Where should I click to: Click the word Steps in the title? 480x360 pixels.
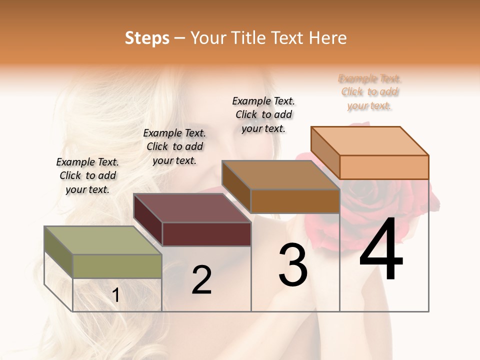[x=147, y=38]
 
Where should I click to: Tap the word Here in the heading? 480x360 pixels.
[x=327, y=38]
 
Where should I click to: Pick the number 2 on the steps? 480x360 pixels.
[x=201, y=280]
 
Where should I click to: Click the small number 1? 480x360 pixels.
[x=115, y=295]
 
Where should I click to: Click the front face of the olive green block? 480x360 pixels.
[x=117, y=266]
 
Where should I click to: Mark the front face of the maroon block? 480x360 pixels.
[x=206, y=234]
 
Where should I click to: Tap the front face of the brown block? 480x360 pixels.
[x=295, y=201]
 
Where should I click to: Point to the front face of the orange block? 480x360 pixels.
[x=384, y=167]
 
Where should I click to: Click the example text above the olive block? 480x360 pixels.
[x=87, y=175]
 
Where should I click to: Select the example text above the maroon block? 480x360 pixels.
[x=174, y=146]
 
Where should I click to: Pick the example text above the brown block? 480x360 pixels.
[x=263, y=114]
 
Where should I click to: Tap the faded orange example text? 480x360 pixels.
[x=370, y=92]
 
